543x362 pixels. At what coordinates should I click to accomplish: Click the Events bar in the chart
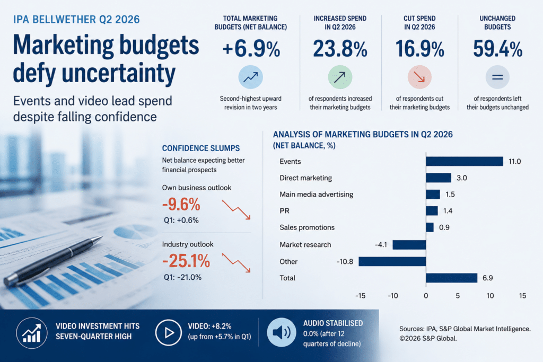click(465, 161)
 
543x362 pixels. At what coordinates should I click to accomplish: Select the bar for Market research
click(409, 245)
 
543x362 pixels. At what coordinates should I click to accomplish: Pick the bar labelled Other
click(392, 261)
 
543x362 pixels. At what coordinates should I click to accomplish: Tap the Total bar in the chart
click(452, 278)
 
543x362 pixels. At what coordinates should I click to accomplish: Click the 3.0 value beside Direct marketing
click(462, 178)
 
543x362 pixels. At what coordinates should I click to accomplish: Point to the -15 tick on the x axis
click(360, 296)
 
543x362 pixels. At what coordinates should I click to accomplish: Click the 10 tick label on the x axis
click(490, 296)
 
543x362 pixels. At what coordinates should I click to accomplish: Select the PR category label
click(284, 211)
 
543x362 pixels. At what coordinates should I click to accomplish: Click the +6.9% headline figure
click(251, 49)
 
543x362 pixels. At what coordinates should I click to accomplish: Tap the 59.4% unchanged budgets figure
click(497, 49)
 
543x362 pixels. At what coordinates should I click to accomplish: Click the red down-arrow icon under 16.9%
click(419, 77)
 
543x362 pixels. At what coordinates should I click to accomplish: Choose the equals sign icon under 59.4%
click(497, 77)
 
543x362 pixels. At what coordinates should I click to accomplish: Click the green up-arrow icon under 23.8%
click(340, 77)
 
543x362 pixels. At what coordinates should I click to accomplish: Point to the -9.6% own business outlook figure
click(181, 205)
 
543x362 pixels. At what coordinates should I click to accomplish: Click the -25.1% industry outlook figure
click(186, 261)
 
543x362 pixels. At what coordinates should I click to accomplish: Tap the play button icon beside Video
click(168, 333)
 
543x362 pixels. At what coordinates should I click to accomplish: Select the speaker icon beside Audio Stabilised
click(281, 332)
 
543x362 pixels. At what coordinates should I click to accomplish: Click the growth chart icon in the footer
click(32, 333)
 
